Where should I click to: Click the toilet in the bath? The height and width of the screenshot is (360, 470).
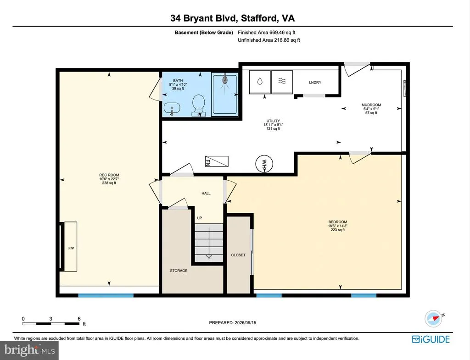tap(198, 105)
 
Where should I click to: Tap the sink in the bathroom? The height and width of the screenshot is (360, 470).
tap(172, 107)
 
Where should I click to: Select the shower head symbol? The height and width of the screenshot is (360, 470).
tap(225, 80)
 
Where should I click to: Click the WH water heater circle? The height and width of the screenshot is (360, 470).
tap(264, 164)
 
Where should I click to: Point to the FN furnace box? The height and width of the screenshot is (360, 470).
tap(217, 161)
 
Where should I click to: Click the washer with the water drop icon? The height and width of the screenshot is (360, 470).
tap(260, 82)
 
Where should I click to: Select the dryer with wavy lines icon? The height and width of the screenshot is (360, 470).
tap(282, 82)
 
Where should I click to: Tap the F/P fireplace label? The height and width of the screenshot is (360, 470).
tap(71, 248)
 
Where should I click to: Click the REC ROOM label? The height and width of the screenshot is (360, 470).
tap(109, 175)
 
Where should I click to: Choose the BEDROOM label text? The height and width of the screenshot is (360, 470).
tap(337, 222)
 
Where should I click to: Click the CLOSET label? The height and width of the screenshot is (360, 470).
tap(238, 255)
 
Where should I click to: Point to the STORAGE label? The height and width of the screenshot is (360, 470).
tap(179, 271)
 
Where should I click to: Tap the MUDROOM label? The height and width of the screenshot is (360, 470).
tap(371, 105)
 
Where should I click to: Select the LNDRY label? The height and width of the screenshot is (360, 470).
tap(315, 83)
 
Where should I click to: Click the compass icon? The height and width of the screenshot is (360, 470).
tap(434, 319)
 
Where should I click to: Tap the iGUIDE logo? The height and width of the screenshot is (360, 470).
tap(431, 339)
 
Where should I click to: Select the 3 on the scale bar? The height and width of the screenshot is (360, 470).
tap(50, 319)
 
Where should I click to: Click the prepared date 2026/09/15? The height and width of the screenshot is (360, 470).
tap(245, 322)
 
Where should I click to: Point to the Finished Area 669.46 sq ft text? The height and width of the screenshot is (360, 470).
tap(267, 33)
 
